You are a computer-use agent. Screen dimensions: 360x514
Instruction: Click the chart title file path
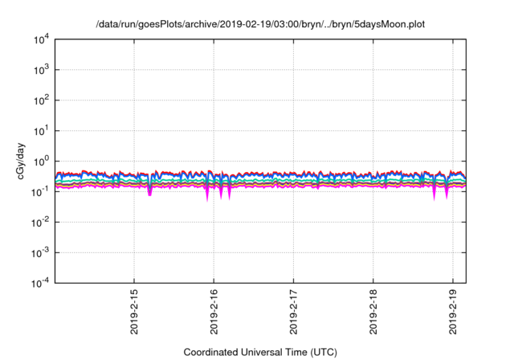click(259, 24)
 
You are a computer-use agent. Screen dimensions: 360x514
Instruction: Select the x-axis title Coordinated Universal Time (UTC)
click(259, 352)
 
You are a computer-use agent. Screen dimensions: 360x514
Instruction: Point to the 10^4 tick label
click(41, 39)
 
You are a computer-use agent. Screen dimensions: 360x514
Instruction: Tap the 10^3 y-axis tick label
click(41, 70)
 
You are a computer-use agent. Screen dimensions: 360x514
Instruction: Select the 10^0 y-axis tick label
click(41, 161)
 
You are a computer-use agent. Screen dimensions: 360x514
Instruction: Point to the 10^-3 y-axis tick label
click(40, 252)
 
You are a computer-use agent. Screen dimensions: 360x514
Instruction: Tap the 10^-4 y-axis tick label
click(40, 282)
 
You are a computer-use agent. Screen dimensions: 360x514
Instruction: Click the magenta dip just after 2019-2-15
click(149, 192)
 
